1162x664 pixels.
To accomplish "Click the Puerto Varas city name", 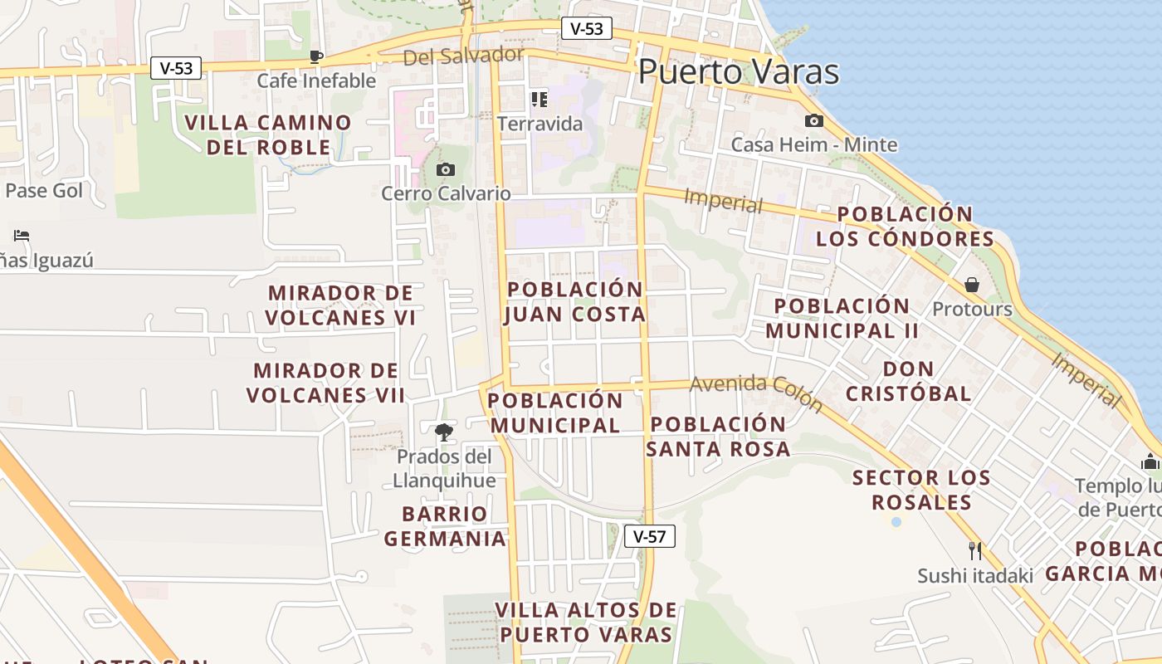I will (739, 72).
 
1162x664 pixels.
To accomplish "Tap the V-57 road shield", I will (649, 536).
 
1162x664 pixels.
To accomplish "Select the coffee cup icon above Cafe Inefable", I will (315, 56).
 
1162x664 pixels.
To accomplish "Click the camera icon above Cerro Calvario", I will (446, 170).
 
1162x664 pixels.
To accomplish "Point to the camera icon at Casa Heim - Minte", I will (814, 121).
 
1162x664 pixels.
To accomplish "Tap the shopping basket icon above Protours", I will (972, 286).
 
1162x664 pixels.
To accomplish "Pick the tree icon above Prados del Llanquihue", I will (444, 432).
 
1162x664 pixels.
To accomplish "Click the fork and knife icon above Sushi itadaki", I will (975, 550).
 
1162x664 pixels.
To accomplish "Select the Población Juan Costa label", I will (574, 301).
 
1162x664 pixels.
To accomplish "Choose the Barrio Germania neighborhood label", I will (445, 526).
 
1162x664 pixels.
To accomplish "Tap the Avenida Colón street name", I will (755, 393).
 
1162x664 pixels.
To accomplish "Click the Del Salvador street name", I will (464, 56).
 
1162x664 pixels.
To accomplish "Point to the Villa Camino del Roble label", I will (268, 135).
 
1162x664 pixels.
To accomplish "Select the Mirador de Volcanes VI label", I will (340, 305).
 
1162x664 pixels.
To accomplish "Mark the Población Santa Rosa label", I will (718, 437).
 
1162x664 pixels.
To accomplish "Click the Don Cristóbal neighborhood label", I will (908, 381).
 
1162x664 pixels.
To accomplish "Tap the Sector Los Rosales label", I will (921, 490).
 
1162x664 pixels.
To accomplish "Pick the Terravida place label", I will (540, 124).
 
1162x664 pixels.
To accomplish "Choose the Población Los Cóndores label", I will (905, 227).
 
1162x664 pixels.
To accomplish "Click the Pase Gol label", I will (44, 191).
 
